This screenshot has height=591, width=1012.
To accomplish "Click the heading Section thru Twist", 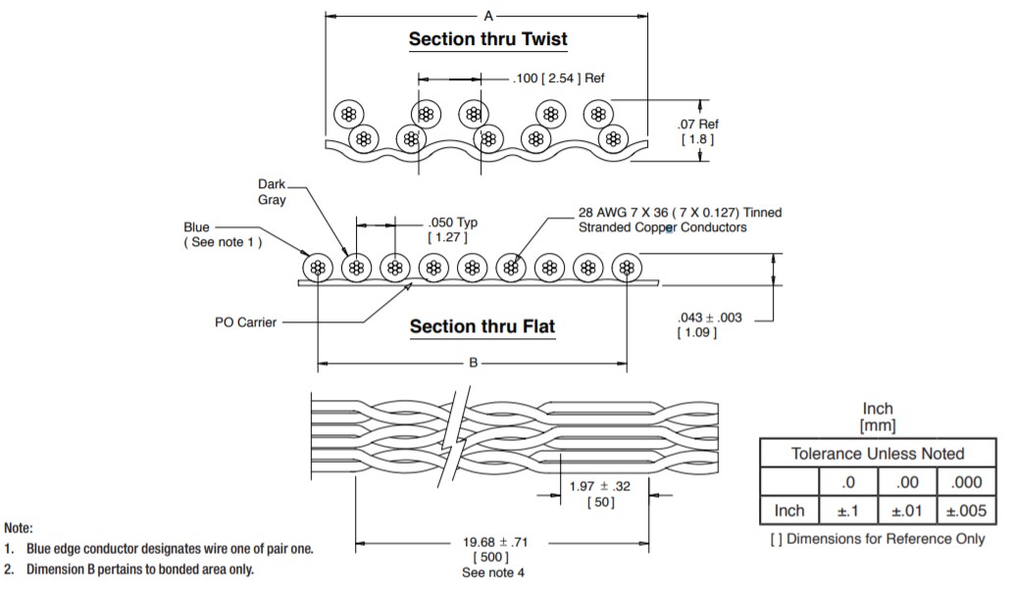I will click(x=487, y=40).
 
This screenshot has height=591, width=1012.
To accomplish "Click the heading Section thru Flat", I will click(x=481, y=326).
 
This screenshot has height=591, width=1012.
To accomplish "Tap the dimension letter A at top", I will click(x=487, y=15).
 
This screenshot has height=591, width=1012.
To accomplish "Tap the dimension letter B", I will click(x=473, y=363).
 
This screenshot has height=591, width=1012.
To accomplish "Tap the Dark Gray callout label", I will click(x=272, y=192).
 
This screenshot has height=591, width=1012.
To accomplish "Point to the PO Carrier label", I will click(x=245, y=321).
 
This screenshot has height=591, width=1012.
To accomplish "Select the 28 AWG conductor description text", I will click(x=680, y=220).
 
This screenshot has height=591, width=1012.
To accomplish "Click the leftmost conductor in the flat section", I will click(x=316, y=268).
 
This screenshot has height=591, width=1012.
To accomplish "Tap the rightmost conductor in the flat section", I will click(x=627, y=268).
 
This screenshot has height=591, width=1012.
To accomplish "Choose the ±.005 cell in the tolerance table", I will click(x=966, y=510).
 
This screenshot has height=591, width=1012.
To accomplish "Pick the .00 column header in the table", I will click(x=907, y=481).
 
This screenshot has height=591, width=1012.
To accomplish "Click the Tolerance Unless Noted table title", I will click(x=878, y=453).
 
